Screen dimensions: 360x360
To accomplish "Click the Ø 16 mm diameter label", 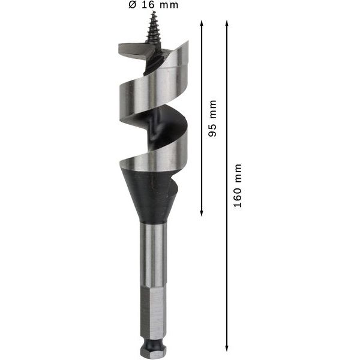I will pyautogui.click(x=154, y=5).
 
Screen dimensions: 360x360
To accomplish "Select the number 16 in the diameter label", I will pyautogui.click(x=149, y=5).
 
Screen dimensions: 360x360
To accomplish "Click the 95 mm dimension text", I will pyautogui.click(x=212, y=118).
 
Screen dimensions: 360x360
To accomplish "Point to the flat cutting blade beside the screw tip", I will pyautogui.click(x=135, y=51).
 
